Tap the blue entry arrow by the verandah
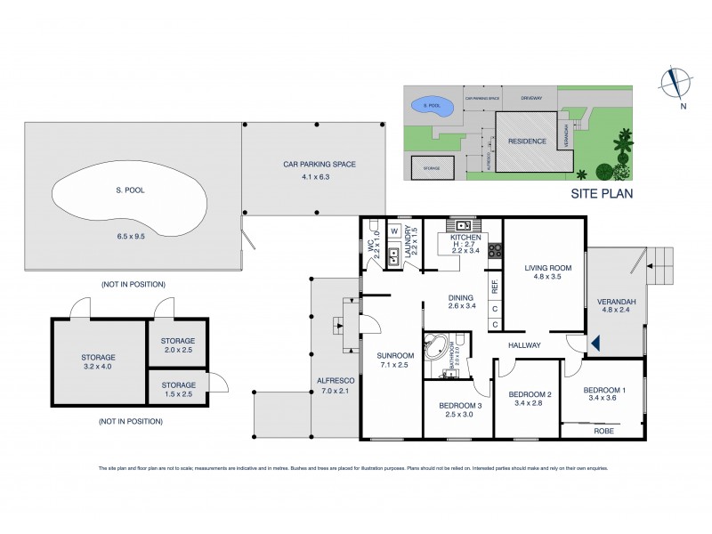click(595, 342)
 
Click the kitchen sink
click(465, 225)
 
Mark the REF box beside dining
click(495, 287)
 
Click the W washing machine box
click(393, 231)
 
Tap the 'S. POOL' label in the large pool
click(130, 190)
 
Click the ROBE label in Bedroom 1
click(604, 430)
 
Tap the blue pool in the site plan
click(431, 106)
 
